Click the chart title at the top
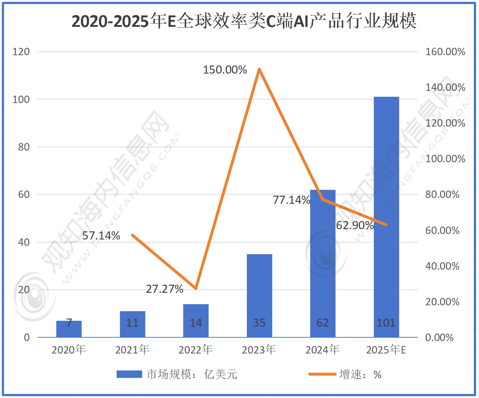[x=244, y=21]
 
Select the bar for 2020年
[x=69, y=329]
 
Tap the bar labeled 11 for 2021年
[x=132, y=324]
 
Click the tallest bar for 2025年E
[x=386, y=217]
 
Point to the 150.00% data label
[x=225, y=70]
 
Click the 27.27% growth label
[x=164, y=289]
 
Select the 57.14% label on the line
[x=101, y=236]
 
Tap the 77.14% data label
[x=291, y=200]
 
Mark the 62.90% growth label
[x=355, y=225]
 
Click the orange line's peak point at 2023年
[x=259, y=69]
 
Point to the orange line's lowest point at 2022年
[x=196, y=288]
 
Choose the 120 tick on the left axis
[x=21, y=52]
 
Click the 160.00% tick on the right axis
[x=445, y=52]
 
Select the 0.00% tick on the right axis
[x=439, y=337]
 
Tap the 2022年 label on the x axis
[x=196, y=349]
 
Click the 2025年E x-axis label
[x=386, y=349]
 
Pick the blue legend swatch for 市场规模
[x=129, y=374]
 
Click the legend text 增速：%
[x=360, y=374]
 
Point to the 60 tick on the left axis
[x=24, y=195]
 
